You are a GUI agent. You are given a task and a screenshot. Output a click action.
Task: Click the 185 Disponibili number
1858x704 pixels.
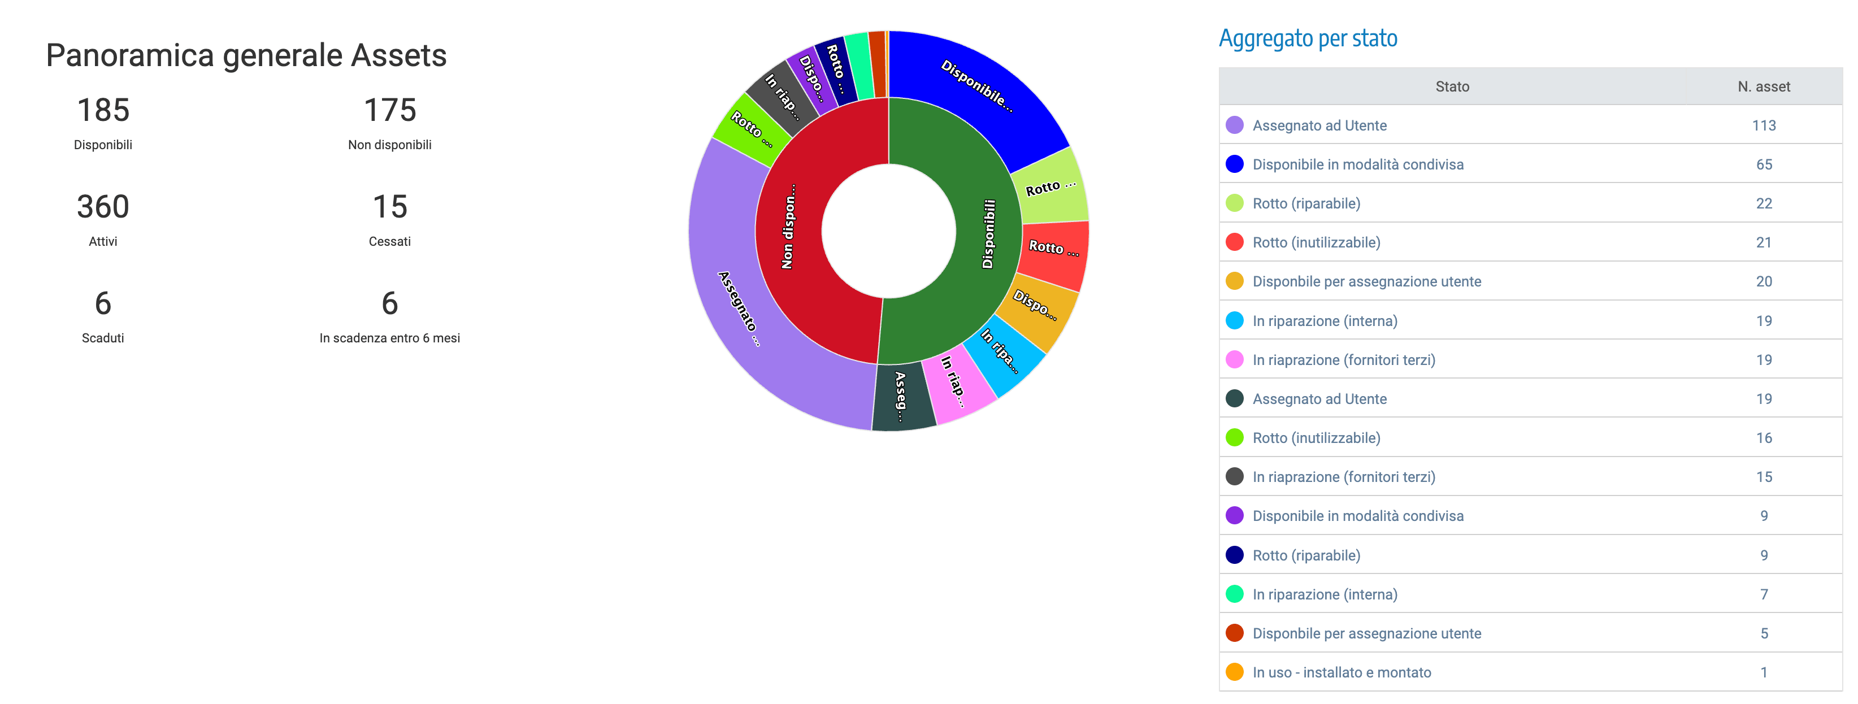103,110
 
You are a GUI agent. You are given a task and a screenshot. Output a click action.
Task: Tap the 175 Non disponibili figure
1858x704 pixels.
389,110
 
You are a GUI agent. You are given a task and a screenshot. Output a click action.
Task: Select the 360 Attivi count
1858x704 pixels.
103,207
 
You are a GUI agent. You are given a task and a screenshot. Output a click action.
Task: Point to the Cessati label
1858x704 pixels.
389,242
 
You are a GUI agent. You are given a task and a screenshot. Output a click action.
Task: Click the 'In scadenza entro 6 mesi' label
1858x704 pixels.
389,338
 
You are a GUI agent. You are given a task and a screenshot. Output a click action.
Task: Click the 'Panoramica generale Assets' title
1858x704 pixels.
246,55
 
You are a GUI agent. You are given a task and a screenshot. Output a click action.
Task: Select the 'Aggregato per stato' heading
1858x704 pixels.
1308,38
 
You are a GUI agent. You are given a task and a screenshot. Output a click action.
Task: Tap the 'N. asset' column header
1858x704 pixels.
1764,86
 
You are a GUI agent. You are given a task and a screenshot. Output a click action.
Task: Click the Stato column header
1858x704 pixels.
1452,86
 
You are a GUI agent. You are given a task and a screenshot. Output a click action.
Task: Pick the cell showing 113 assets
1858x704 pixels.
1764,125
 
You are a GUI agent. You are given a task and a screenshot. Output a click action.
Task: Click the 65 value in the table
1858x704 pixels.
1764,164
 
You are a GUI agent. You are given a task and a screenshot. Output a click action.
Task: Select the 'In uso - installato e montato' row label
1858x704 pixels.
1342,672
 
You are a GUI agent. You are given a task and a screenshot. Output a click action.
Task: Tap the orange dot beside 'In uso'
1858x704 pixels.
1235,672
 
